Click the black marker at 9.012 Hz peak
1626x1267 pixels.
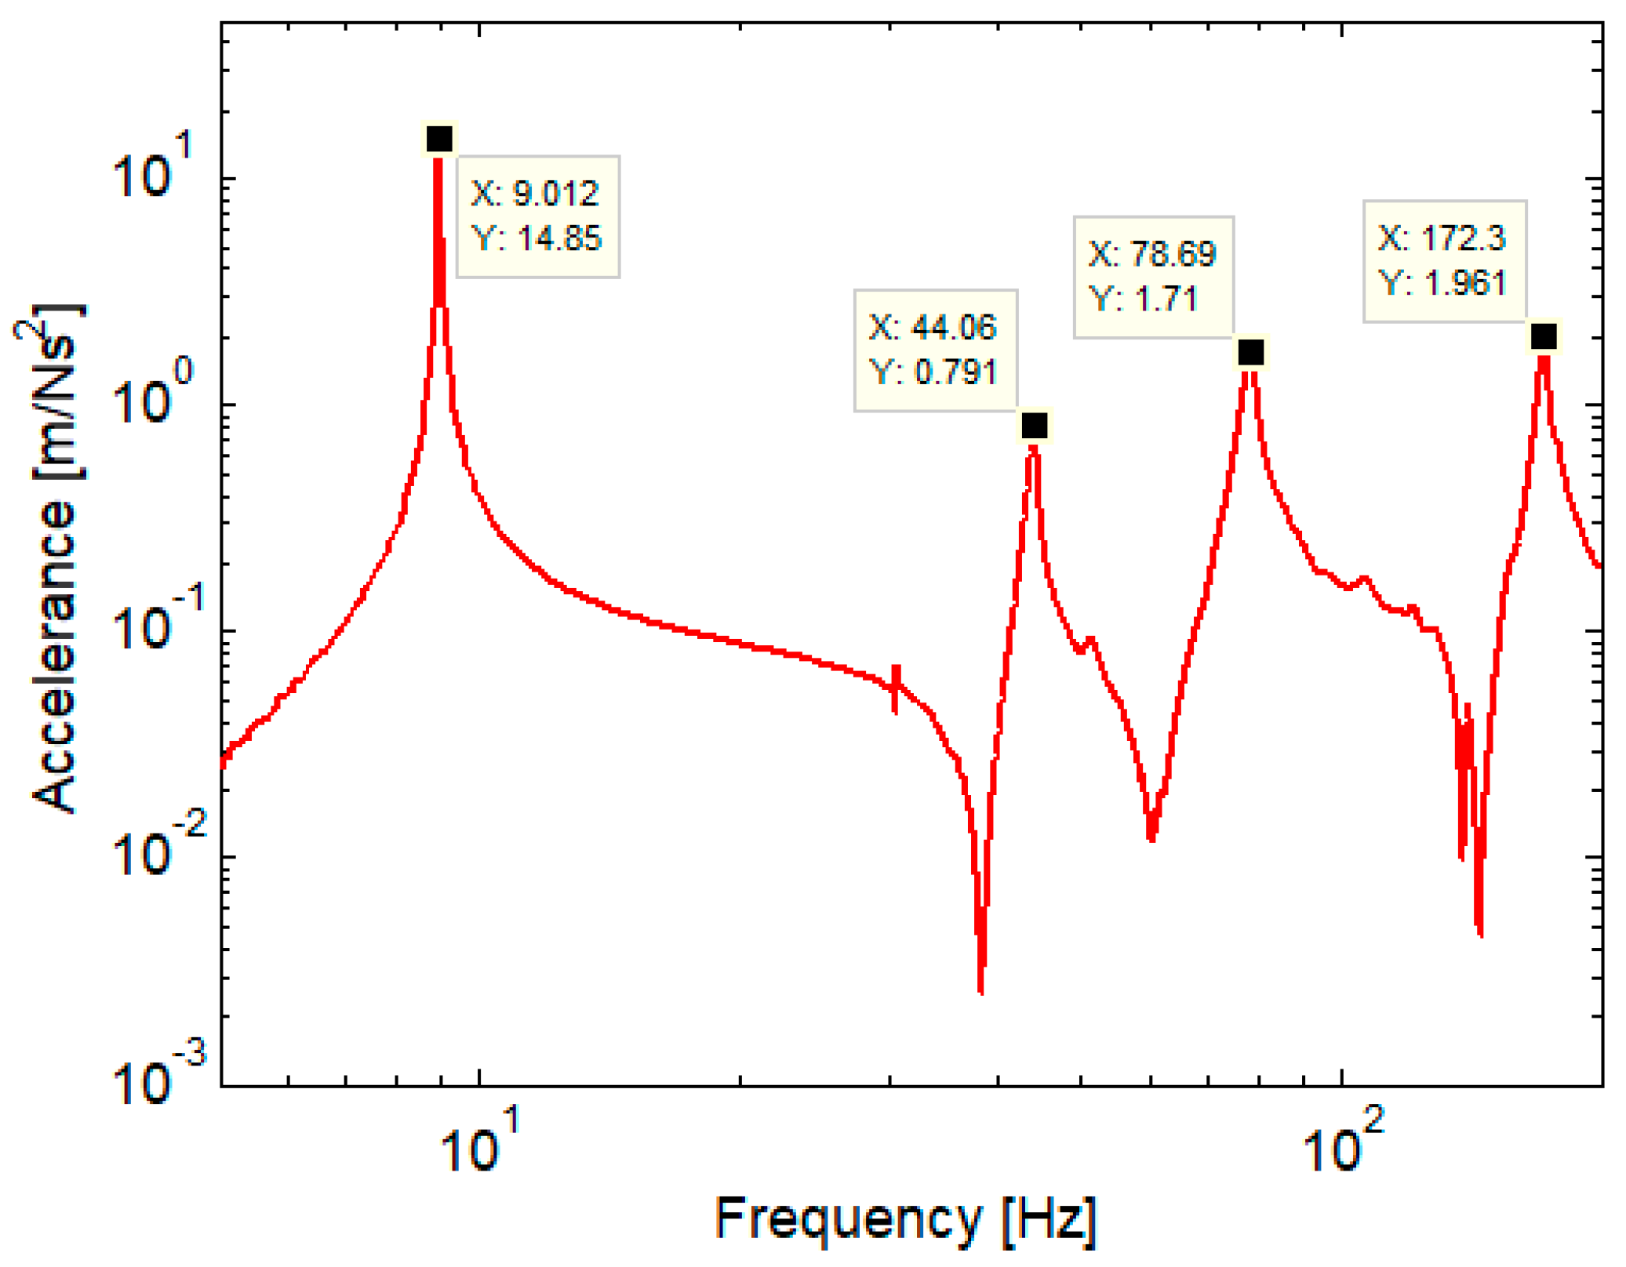click(438, 139)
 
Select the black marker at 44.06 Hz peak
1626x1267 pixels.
click(1034, 426)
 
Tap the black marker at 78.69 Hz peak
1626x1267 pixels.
click(1250, 353)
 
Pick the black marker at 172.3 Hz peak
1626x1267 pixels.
click(1543, 336)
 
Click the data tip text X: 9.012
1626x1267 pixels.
click(535, 193)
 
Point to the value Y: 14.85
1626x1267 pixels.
click(537, 238)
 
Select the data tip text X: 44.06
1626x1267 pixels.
click(932, 327)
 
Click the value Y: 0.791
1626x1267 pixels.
click(933, 372)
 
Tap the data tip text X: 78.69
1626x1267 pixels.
click(1151, 254)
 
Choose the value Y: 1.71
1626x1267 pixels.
click(1143, 299)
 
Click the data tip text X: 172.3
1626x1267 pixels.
click(1442, 238)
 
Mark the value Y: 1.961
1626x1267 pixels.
click(1442, 282)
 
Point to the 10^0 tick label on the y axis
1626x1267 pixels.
click(152, 397)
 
